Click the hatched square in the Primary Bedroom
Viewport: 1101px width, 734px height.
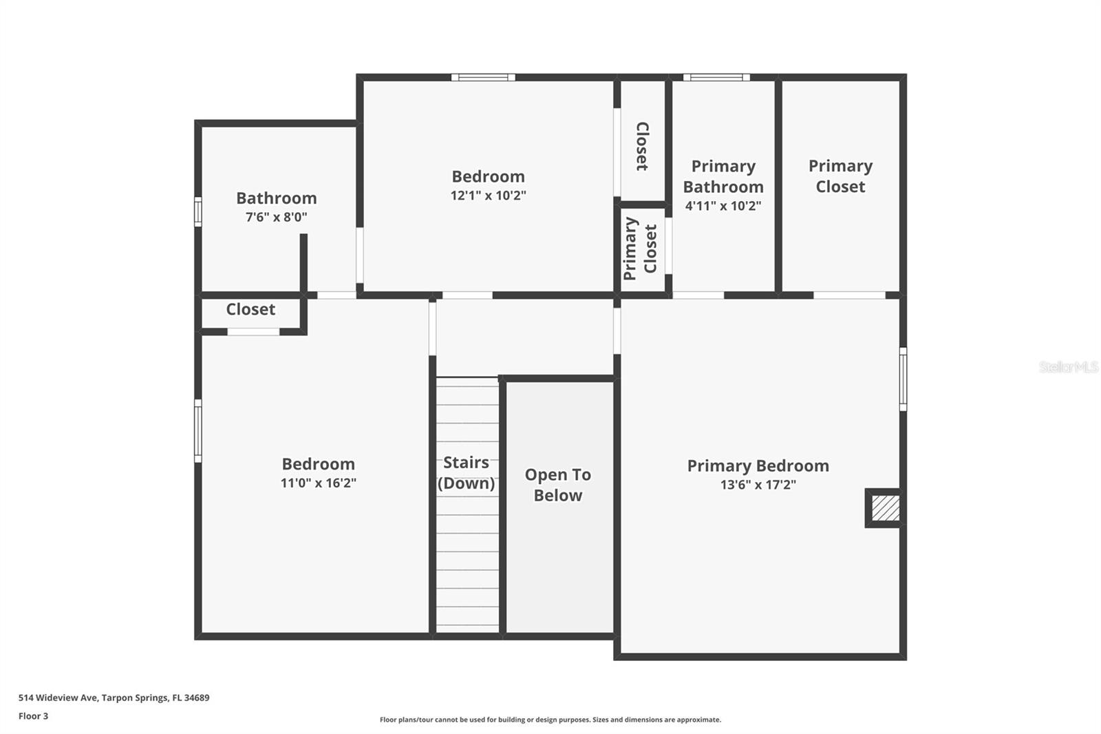pos(885,508)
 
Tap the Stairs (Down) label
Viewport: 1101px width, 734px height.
pos(467,473)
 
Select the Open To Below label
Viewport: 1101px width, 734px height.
pos(558,485)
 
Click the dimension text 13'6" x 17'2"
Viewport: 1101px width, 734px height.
pos(758,485)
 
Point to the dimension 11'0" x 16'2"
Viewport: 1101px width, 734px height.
pos(318,483)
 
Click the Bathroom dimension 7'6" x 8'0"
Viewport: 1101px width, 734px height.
pos(276,218)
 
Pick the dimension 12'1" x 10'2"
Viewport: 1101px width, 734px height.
pos(488,196)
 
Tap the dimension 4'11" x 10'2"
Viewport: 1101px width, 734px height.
pos(723,206)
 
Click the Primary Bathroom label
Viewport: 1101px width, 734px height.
pos(723,176)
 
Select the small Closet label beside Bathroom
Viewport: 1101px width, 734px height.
pos(250,310)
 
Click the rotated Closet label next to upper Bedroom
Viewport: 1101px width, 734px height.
pos(642,146)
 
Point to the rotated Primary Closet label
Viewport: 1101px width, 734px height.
pos(641,249)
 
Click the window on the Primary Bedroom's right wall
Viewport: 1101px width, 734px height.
pos(903,379)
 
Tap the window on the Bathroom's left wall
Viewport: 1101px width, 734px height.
pos(198,211)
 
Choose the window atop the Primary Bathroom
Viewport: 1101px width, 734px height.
pos(716,77)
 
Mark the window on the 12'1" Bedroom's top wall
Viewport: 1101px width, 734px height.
pos(483,77)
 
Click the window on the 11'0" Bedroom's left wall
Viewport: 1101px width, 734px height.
pos(198,431)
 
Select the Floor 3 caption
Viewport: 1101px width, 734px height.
pos(33,716)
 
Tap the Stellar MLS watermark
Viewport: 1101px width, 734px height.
pos(1068,367)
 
